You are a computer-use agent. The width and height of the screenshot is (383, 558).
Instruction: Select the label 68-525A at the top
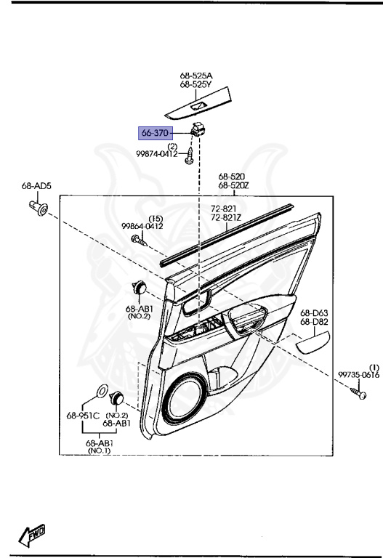tap(196, 76)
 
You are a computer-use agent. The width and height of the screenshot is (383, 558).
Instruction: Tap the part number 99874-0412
tap(156, 154)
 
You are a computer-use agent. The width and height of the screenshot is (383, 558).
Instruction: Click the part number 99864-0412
tap(142, 226)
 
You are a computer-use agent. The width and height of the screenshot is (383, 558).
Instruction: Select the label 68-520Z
tap(233, 185)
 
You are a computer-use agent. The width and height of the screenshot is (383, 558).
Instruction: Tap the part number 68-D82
tap(315, 320)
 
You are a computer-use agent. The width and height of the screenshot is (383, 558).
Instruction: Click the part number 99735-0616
tap(359, 375)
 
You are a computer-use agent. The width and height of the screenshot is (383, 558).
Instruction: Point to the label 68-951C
tap(81, 416)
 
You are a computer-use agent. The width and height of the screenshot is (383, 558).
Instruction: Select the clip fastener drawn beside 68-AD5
tap(40, 209)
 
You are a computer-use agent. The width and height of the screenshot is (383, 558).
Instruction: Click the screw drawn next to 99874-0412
tap(189, 156)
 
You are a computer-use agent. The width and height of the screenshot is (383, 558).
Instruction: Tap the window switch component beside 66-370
tap(198, 131)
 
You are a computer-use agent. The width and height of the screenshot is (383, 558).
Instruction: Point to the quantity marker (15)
tap(155, 218)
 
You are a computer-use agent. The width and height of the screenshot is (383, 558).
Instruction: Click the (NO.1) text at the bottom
tap(98, 451)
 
